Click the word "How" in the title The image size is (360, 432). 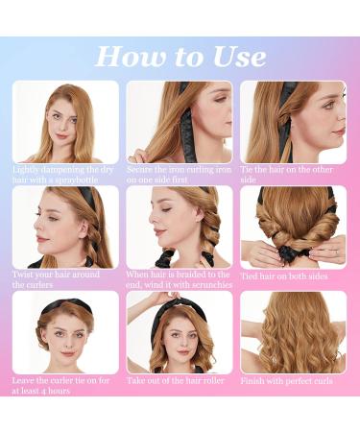point(125,57)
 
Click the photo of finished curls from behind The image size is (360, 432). point(293,332)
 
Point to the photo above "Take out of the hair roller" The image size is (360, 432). point(179,332)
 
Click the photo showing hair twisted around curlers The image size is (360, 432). point(65,227)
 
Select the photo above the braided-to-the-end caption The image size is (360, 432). point(179,227)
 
